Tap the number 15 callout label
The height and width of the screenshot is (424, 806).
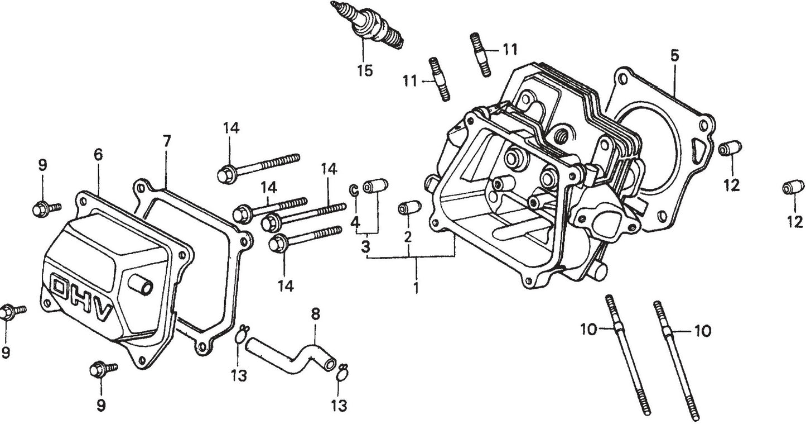point(365,71)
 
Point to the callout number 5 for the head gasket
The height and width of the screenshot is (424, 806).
point(674,55)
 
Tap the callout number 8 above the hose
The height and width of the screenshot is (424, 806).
point(315,314)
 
